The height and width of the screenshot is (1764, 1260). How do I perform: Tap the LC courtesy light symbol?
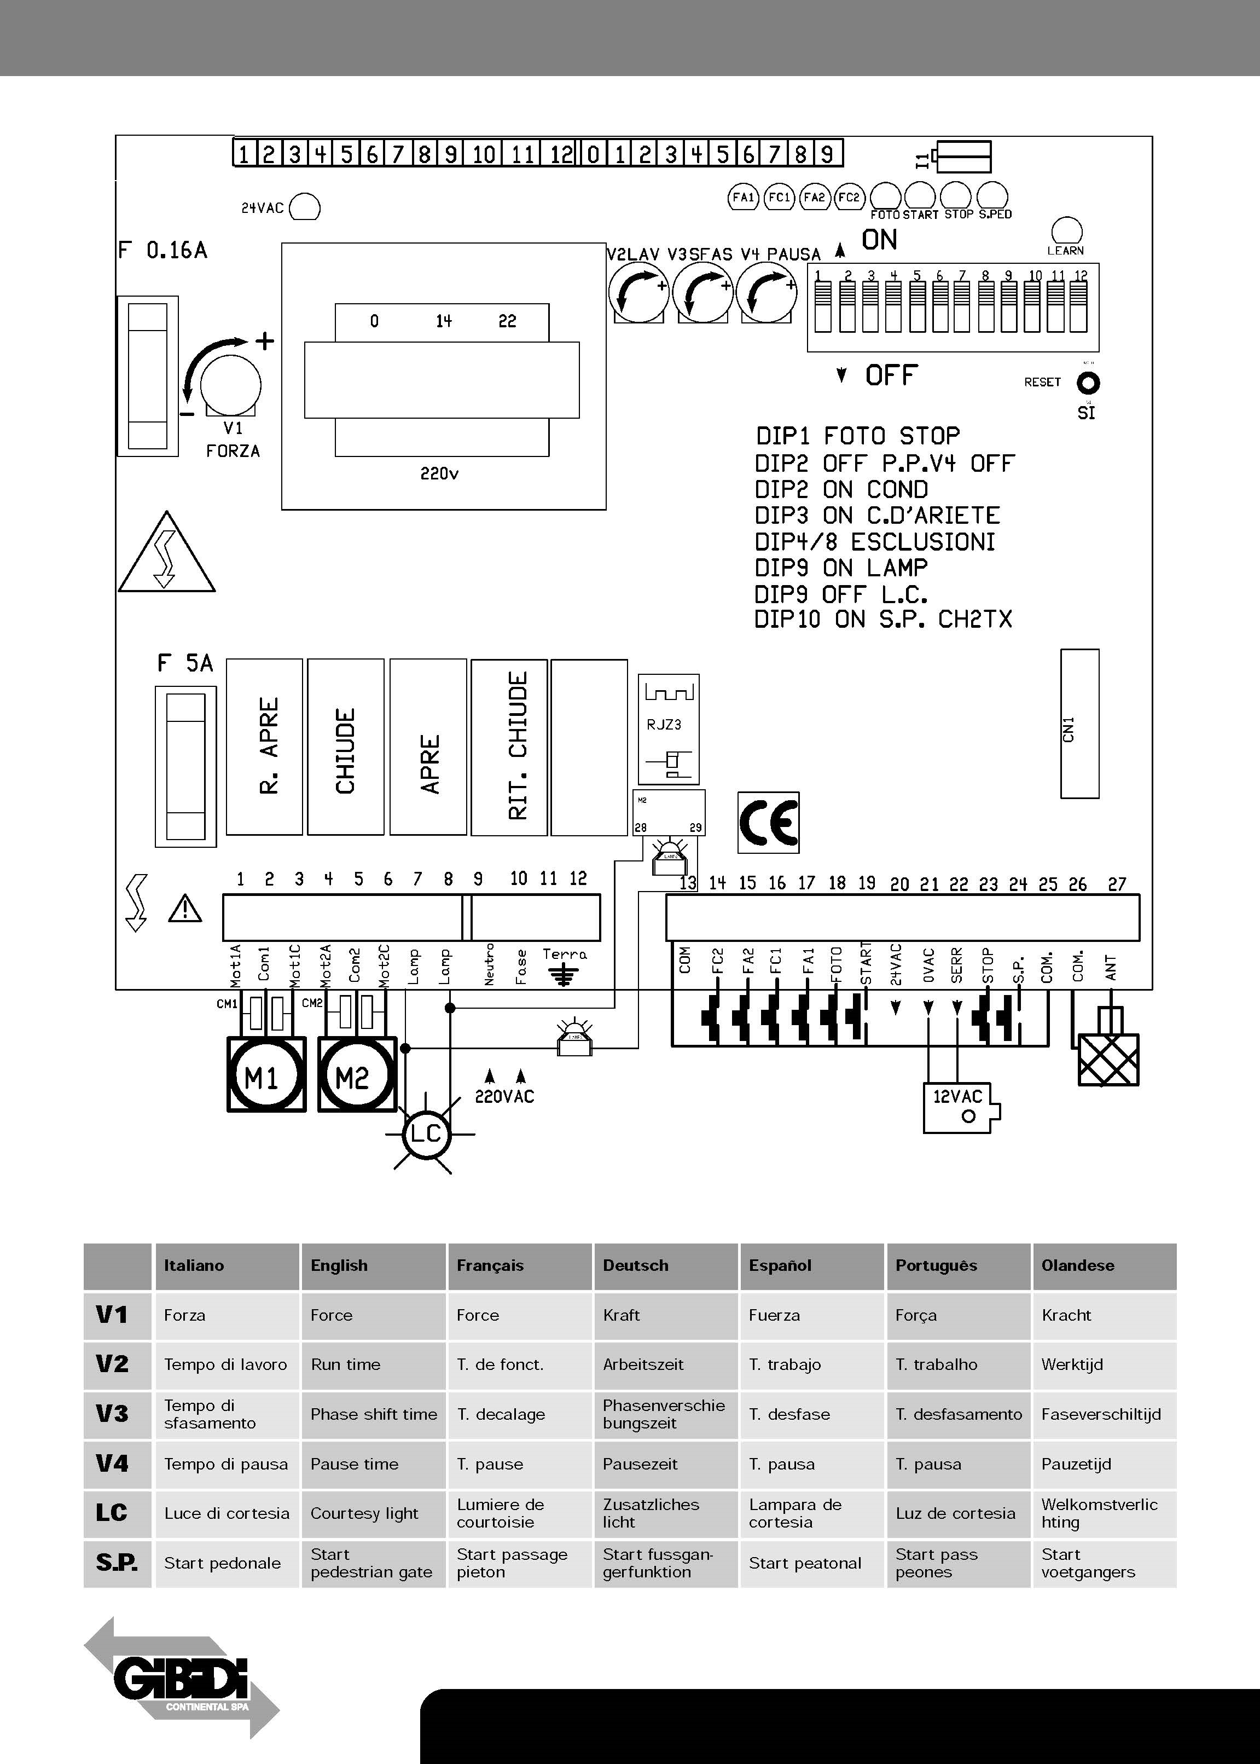pyautogui.click(x=425, y=1134)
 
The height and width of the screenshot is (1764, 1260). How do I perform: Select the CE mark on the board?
pyautogui.click(x=768, y=823)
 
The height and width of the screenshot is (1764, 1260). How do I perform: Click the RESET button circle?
pyautogui.click(x=1088, y=383)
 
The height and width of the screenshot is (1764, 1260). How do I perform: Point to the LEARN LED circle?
pyautogui.click(x=1066, y=230)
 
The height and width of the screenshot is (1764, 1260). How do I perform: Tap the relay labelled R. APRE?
pyautogui.click(x=265, y=747)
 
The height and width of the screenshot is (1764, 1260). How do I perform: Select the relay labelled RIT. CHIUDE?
pyautogui.click(x=509, y=747)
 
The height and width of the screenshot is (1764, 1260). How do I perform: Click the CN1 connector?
pyautogui.click(x=1079, y=724)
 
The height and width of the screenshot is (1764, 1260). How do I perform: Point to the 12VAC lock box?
pyautogui.click(x=959, y=1107)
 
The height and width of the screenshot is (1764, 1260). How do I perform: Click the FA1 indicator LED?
pyautogui.click(x=744, y=197)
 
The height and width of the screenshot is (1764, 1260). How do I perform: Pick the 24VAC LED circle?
pyautogui.click(x=305, y=207)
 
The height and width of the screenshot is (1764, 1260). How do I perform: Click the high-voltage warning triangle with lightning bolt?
pyautogui.click(x=166, y=554)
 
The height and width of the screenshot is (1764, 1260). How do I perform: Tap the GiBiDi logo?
pyautogui.click(x=182, y=1679)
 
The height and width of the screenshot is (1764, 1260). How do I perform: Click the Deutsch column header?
pyautogui.click(x=635, y=1265)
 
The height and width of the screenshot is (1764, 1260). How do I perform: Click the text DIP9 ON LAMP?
pyautogui.click(x=841, y=568)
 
